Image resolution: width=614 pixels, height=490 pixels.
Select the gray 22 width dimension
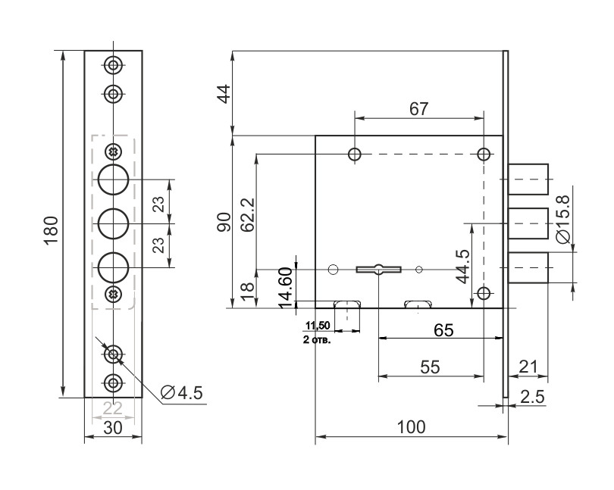tap(113, 408)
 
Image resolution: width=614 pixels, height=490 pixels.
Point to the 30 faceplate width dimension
tap(113, 428)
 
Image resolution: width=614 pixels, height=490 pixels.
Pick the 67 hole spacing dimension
tap(418, 108)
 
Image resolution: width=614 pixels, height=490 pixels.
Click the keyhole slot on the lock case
tap(377, 268)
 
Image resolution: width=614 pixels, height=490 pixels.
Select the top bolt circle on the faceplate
tap(113, 179)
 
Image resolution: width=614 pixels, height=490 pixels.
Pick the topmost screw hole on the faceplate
tap(113, 65)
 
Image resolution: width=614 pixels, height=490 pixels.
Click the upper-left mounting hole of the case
tap(354, 154)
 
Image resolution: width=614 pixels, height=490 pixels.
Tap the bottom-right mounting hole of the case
tap(484, 293)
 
